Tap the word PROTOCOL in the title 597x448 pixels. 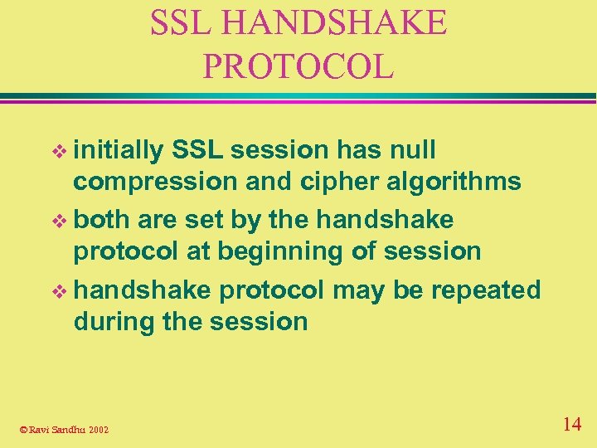click(x=298, y=67)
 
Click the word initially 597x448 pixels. click(x=119, y=150)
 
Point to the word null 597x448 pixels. click(x=407, y=150)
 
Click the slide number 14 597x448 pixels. click(x=571, y=425)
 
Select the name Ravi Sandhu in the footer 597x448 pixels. click(x=56, y=429)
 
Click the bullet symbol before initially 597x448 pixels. click(x=57, y=152)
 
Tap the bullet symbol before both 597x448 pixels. click(x=57, y=222)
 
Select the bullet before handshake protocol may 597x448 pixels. click(x=57, y=291)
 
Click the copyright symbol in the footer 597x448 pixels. click(x=23, y=429)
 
